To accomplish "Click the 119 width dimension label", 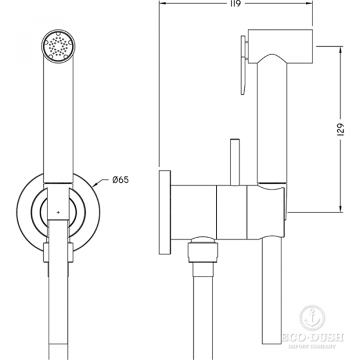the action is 235,4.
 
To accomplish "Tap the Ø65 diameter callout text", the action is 121,180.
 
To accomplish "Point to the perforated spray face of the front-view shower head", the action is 58,46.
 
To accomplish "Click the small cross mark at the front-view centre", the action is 58,212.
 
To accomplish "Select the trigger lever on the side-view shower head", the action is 244,65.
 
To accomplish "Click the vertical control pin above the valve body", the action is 235,162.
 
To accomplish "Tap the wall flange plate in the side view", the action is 164,212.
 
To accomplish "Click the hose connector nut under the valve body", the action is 203,250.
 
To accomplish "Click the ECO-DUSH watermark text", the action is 313,337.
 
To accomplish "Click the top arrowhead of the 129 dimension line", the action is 340,49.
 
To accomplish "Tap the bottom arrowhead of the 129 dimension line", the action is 340,209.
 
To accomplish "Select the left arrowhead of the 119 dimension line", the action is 163,4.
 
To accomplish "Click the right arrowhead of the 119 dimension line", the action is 309,4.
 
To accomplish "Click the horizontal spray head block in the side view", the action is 281,46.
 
